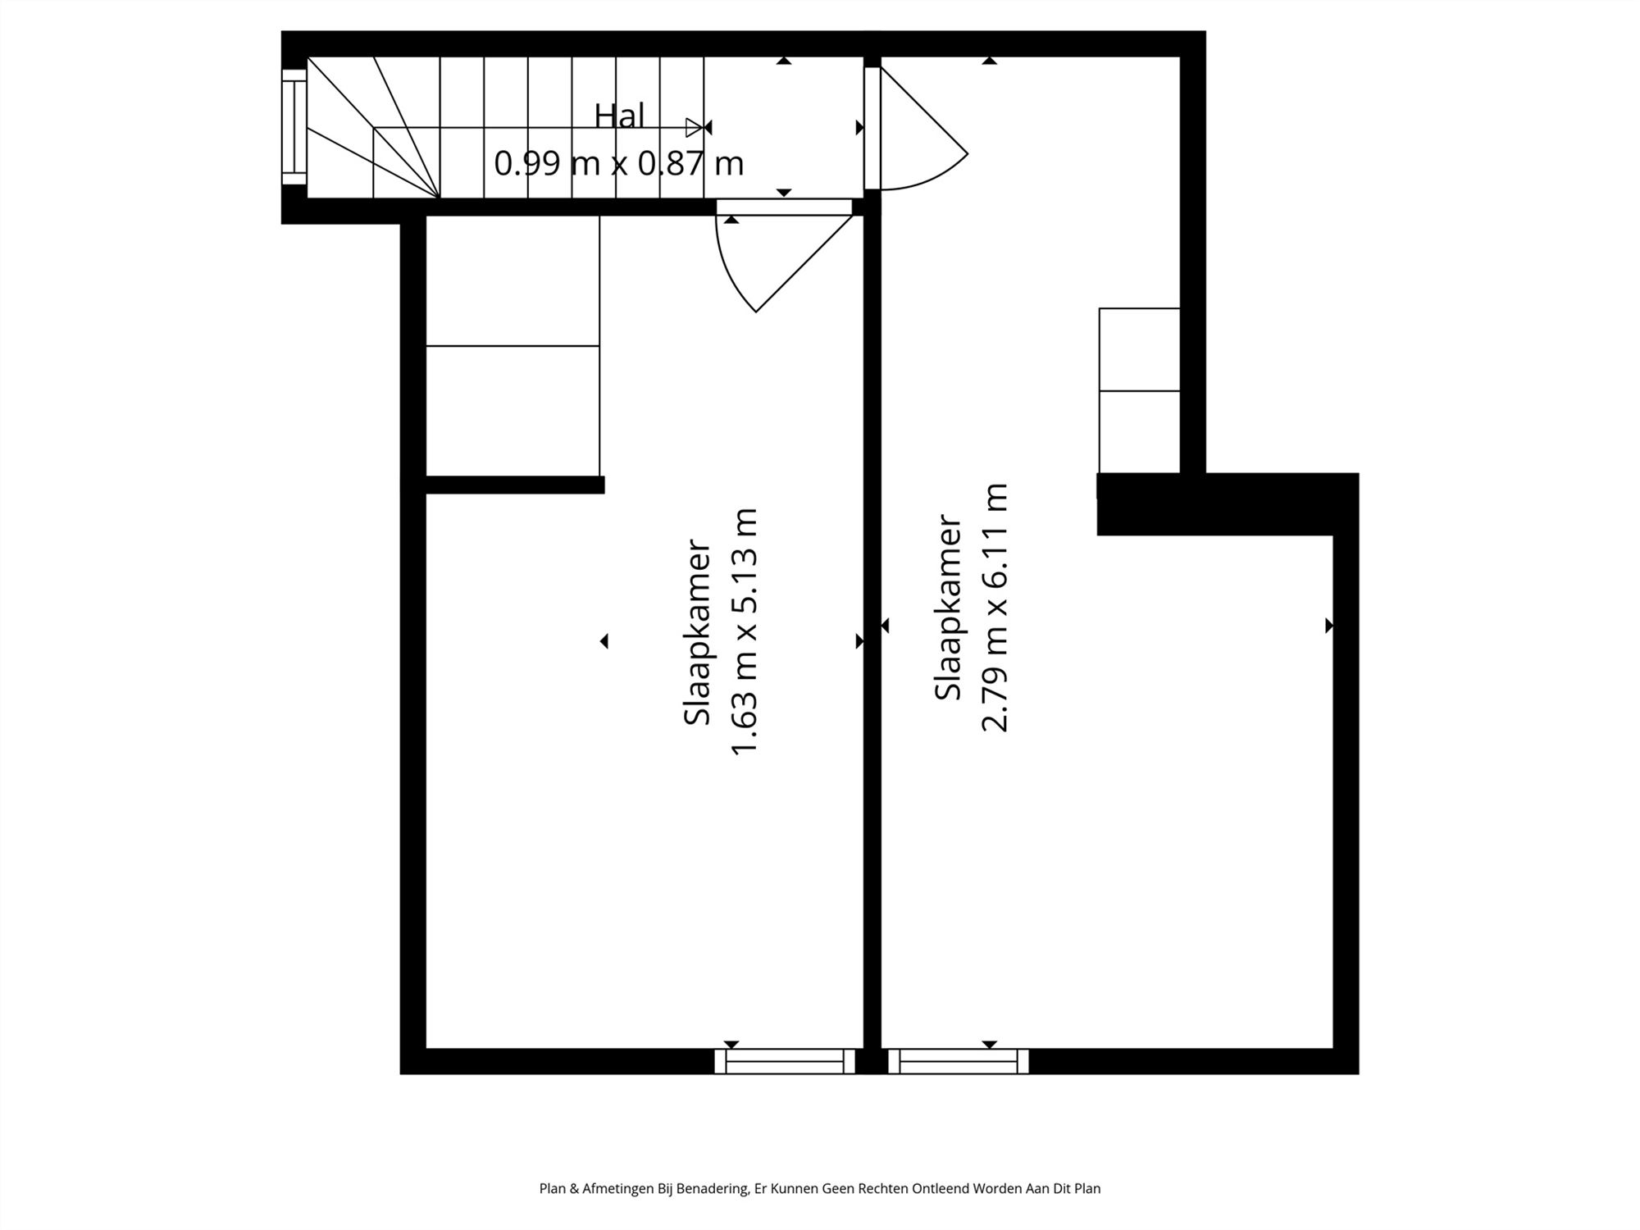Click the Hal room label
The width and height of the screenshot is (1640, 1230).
point(619,116)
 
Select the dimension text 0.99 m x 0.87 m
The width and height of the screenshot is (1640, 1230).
point(619,164)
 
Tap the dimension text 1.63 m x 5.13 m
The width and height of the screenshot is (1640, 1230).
point(745,631)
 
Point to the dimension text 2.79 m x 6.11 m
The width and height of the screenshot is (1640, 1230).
point(995,607)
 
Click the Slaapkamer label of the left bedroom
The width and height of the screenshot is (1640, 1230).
point(697,631)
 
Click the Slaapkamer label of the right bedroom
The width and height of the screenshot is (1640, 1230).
point(948,607)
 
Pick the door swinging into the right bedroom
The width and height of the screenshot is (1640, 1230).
point(918,131)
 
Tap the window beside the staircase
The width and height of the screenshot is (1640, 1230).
point(293,127)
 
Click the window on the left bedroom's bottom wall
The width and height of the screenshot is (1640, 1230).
point(785,1061)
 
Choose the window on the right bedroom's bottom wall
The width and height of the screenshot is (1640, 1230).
point(958,1061)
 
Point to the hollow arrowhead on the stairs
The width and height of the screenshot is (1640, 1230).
point(694,127)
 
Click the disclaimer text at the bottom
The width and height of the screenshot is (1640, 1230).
point(819,1188)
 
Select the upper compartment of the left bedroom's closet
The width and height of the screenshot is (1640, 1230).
point(512,280)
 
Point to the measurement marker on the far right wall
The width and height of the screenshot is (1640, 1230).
point(1328,626)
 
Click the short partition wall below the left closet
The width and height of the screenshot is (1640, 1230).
point(515,485)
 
